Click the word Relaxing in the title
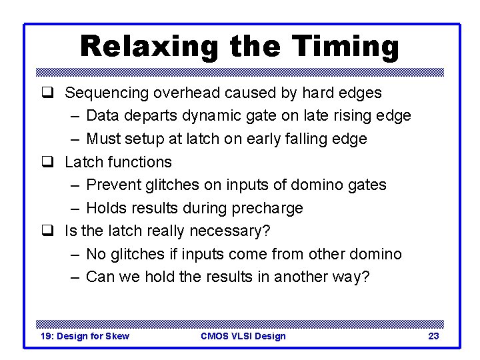pos(149,47)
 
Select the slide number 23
pos(433,336)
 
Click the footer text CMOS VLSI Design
pos(243,336)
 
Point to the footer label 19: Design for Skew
pos(85,336)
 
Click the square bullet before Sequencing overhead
pos(47,93)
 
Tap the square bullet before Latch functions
pos(47,162)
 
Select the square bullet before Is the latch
pos(47,231)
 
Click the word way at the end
pos(351,277)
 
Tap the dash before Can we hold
pos(74,277)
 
